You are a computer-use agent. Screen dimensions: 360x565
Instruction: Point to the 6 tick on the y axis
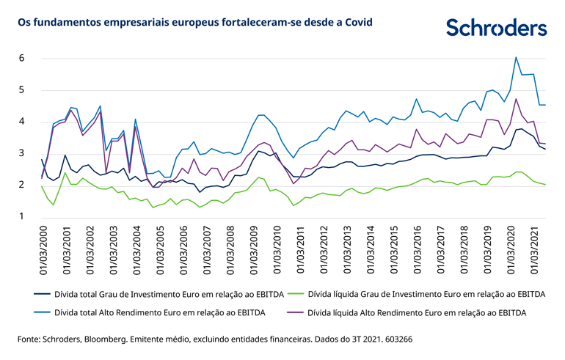click(x=23, y=58)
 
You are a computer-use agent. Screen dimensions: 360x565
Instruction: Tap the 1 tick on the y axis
click(x=23, y=217)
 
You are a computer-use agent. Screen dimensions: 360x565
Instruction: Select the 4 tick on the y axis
click(x=23, y=122)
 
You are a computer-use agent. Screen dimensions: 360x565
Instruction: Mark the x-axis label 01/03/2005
click(x=159, y=250)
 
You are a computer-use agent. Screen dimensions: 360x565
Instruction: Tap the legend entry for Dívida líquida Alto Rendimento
click(x=404, y=312)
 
